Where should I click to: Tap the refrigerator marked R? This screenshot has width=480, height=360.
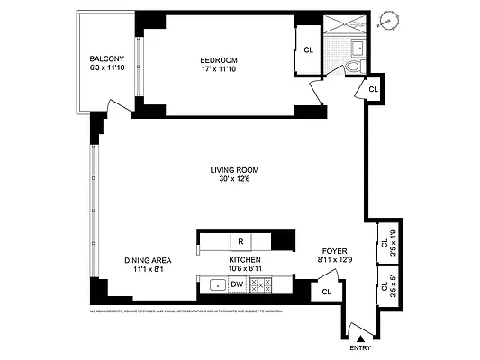point(240,241)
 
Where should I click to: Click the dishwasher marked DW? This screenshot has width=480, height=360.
point(237,285)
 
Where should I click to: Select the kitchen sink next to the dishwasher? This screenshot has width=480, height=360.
point(216,285)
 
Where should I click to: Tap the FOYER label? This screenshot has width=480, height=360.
point(335,251)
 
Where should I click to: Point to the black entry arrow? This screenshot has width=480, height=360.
point(353,336)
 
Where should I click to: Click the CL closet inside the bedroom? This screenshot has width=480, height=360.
point(308,50)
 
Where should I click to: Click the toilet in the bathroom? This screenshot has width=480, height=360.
point(352,67)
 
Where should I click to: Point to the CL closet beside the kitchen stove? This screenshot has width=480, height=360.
point(326,292)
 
